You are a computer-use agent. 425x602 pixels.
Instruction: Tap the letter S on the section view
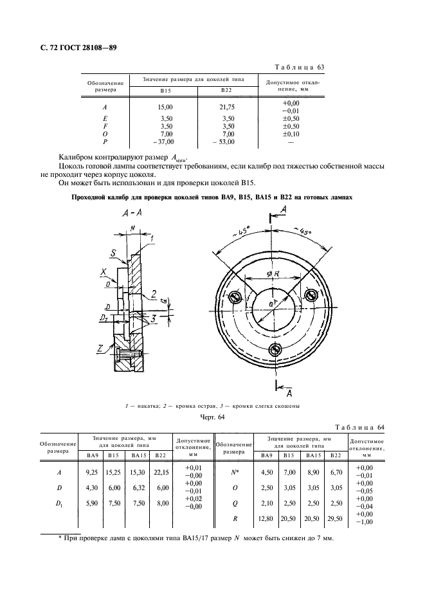click(113, 255)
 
